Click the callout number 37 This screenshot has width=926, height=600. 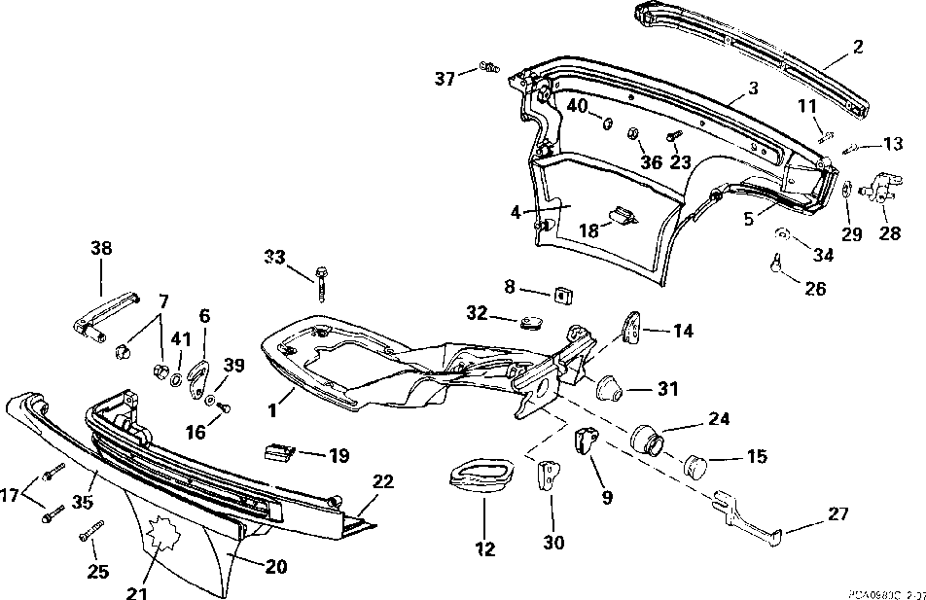point(445,79)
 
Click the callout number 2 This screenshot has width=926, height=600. point(857,45)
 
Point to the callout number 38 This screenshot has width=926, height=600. point(101,248)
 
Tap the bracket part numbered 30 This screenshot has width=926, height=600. point(550,478)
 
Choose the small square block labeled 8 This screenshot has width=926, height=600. point(562,293)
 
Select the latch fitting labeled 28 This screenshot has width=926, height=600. point(881,186)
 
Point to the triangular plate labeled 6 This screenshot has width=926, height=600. point(199,379)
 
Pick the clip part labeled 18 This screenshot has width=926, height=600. point(619,217)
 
